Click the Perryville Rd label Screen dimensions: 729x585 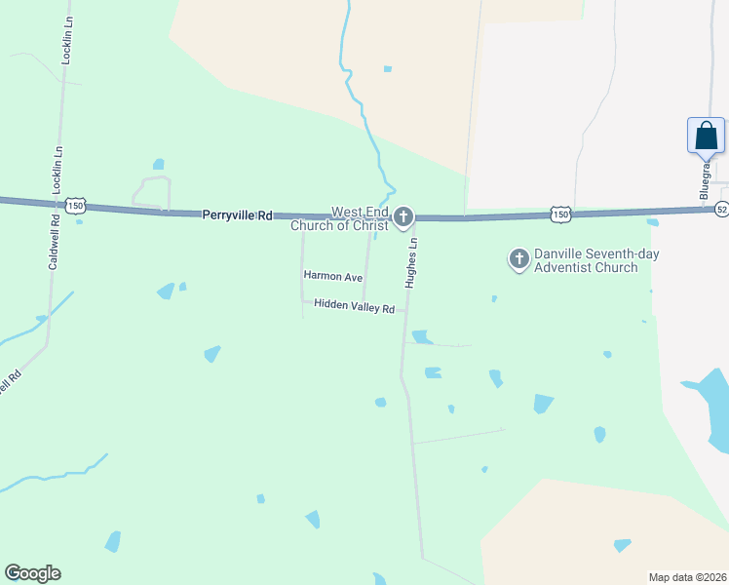237,214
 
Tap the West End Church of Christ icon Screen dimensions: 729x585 403,216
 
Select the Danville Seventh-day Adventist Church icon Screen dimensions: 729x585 519,258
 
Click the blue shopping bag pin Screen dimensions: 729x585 706,136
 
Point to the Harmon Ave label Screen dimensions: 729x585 332,277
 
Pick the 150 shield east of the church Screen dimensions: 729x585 559,213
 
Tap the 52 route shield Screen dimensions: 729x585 721,209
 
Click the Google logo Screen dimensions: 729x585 32,573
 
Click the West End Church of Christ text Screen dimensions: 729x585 345,218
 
